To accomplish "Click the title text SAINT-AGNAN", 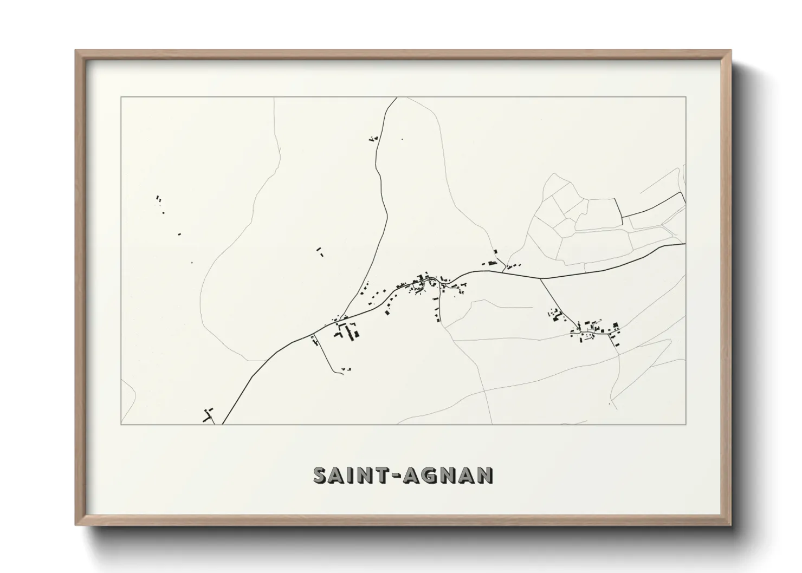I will (x=403, y=475).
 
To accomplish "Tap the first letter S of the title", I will (x=320, y=475).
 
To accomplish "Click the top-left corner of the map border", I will (x=121, y=97).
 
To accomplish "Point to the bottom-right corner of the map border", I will (x=686, y=424).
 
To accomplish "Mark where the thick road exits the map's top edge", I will (x=397, y=98).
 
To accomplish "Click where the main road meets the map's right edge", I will (x=685, y=244).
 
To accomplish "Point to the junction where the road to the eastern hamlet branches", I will (x=540, y=278).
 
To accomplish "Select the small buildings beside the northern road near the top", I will (x=373, y=139).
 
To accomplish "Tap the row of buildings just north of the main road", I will (x=492, y=263).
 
